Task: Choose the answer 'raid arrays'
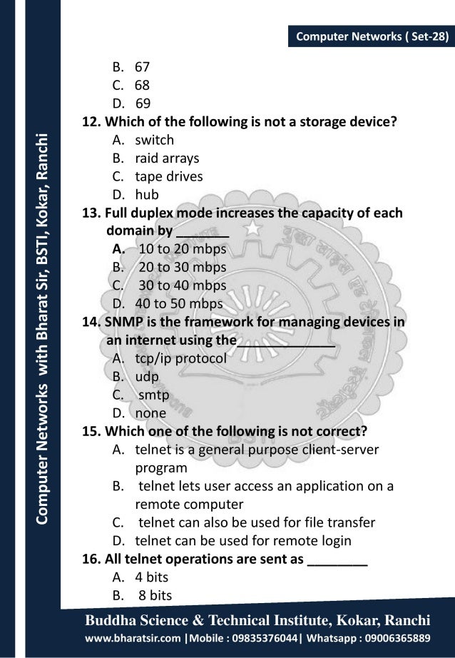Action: pyautogui.click(x=168, y=158)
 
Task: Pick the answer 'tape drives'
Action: pyautogui.click(x=170, y=176)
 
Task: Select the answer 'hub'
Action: pyautogui.click(x=148, y=194)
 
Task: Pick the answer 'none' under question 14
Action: pyautogui.click(x=150, y=412)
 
